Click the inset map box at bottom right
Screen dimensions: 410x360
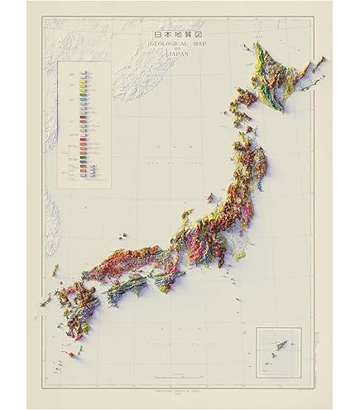pos(278,350)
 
